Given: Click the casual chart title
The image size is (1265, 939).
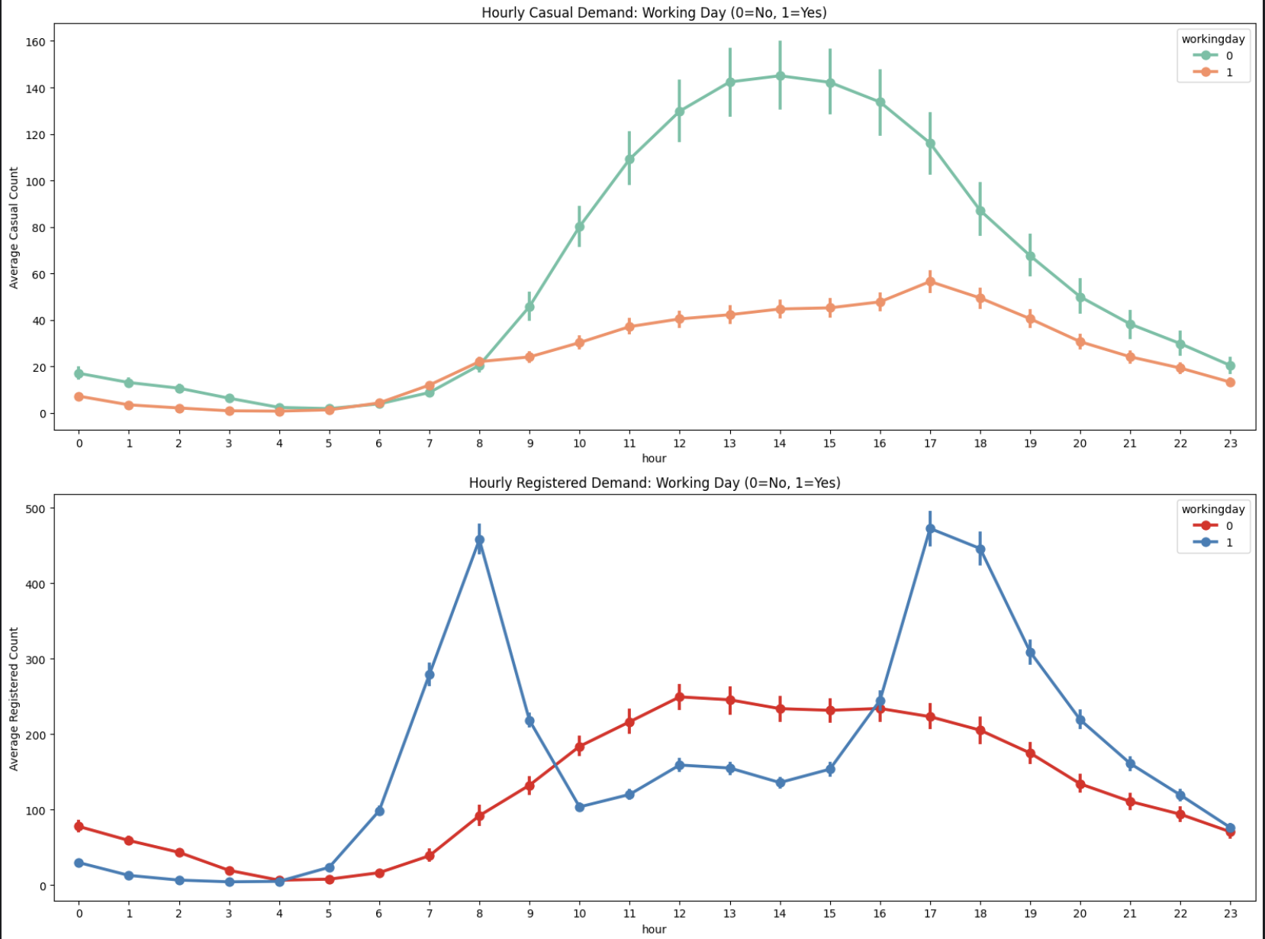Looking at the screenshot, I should pyautogui.click(x=654, y=12).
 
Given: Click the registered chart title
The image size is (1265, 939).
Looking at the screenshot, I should pyautogui.click(x=654, y=482).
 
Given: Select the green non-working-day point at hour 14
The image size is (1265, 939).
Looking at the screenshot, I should pyautogui.click(x=780, y=76).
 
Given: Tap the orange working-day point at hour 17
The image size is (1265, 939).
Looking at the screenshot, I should pyautogui.click(x=930, y=282).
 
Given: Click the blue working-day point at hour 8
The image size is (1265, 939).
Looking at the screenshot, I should pyautogui.click(x=479, y=540).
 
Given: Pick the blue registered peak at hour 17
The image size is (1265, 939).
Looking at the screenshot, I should pyautogui.click(x=930, y=528).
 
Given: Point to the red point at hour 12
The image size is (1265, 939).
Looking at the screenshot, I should pyautogui.click(x=680, y=697).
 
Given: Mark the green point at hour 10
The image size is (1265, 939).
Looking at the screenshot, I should pyautogui.click(x=580, y=227).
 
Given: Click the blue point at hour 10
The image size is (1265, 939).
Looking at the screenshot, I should pyautogui.click(x=580, y=807).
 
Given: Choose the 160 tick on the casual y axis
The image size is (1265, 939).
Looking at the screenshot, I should pyautogui.click(x=36, y=42).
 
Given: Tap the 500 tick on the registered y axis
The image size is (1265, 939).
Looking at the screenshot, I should pyautogui.click(x=36, y=508).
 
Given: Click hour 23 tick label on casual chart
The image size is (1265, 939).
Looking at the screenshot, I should pyautogui.click(x=1230, y=443).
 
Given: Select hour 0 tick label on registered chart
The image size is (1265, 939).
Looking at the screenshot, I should pyautogui.click(x=79, y=913).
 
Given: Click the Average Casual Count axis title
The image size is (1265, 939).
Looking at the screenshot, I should pyautogui.click(x=14, y=227).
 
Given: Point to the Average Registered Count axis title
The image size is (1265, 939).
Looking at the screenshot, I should pyautogui.click(x=14, y=699).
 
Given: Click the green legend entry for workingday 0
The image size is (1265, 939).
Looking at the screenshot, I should pyautogui.click(x=1212, y=56).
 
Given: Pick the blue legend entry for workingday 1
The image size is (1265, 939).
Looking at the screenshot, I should pyautogui.click(x=1212, y=543).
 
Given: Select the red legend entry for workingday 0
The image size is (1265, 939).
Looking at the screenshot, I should pyautogui.click(x=1212, y=526).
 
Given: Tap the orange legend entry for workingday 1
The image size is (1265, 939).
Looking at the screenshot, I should pyautogui.click(x=1212, y=73).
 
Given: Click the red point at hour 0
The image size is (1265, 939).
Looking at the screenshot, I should pyautogui.click(x=79, y=826).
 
